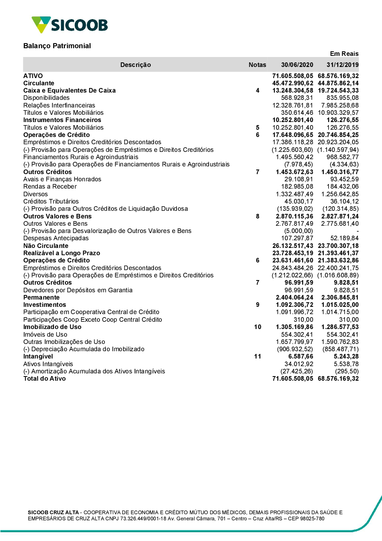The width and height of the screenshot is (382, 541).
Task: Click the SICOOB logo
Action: coord(70,25)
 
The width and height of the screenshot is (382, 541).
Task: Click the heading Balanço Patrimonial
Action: coord(57,46)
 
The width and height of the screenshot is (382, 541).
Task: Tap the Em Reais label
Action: coord(344,54)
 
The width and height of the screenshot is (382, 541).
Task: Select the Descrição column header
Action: coord(136,65)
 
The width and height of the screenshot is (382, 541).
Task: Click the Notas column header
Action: coord(257,65)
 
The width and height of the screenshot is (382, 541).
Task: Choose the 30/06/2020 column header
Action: coord(297,65)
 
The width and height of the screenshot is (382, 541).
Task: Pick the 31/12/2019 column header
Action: coord(342,65)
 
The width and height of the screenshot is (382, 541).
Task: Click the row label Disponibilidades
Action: coord(46,98)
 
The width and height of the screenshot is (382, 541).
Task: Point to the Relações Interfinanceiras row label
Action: coord(59,105)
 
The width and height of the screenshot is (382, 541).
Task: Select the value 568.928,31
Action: coord(297,98)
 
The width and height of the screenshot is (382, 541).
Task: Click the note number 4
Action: coord(257,91)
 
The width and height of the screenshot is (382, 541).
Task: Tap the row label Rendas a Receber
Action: coord(50,187)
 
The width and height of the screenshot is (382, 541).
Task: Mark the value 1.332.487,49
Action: coord(294,194)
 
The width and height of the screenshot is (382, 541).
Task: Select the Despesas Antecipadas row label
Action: coord(56,238)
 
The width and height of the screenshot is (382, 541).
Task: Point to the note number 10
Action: coord(257,327)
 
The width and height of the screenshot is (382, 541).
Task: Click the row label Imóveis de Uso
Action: coord(45,334)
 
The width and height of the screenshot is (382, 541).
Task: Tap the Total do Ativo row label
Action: coord(44,379)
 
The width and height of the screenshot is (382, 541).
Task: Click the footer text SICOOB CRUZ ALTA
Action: coord(53,512)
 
